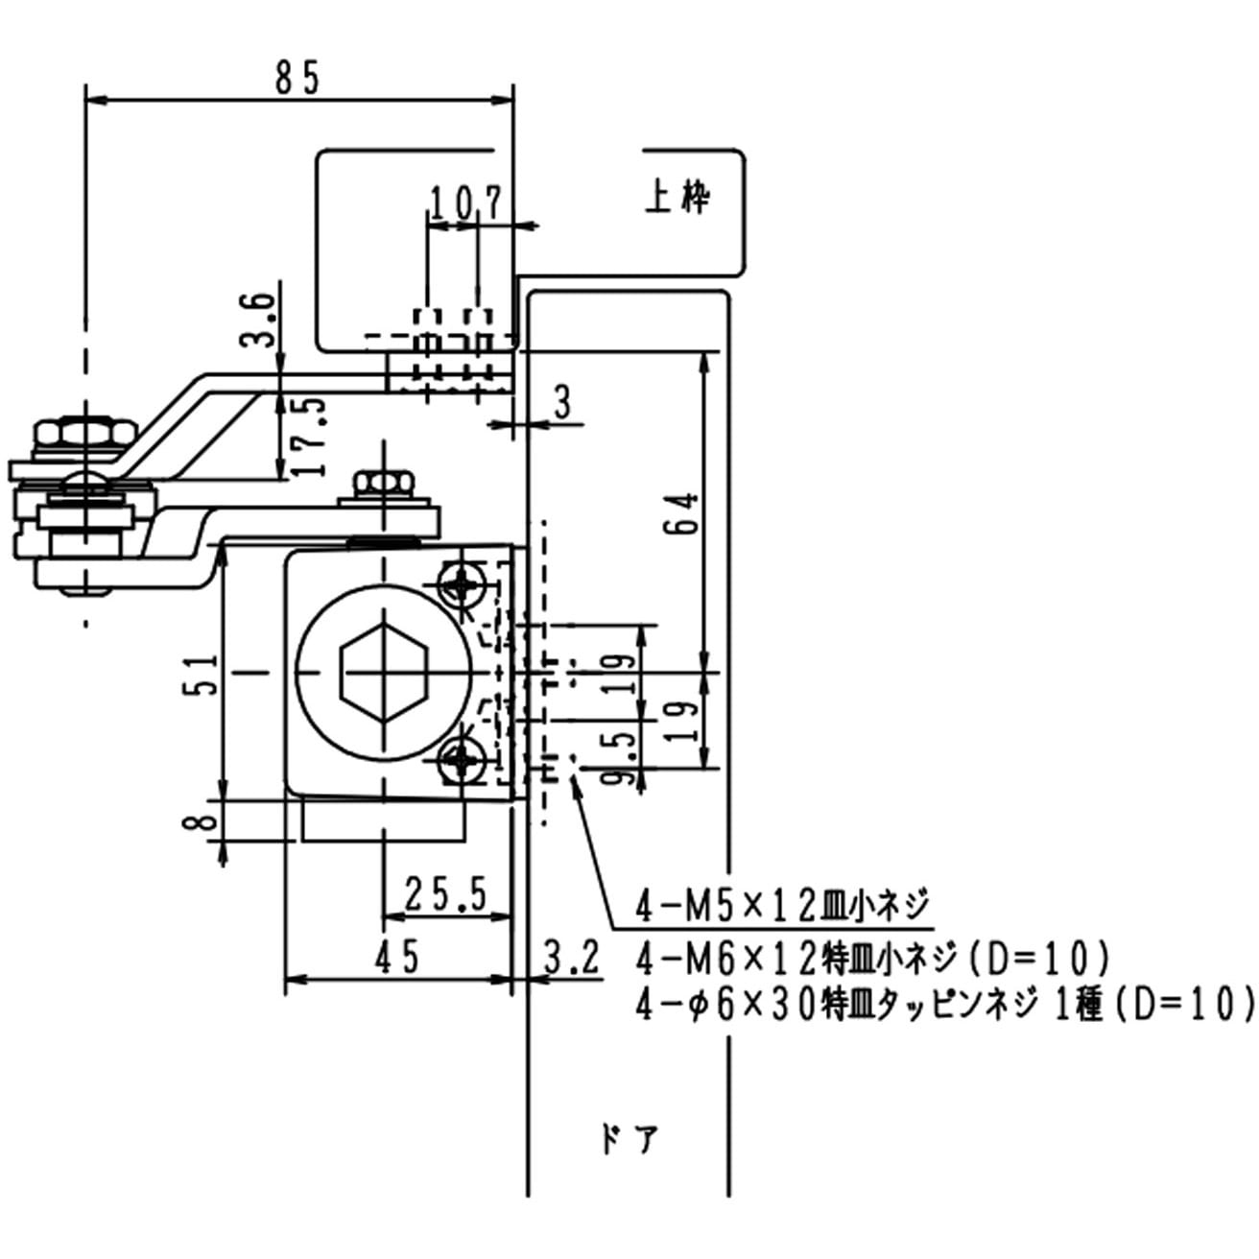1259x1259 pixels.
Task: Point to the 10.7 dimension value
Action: click(x=465, y=203)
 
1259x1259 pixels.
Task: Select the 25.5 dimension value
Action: click(x=445, y=894)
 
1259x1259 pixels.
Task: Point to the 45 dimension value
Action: click(x=397, y=957)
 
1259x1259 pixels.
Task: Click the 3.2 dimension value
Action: click(x=572, y=957)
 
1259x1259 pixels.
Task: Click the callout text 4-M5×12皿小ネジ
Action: click(x=782, y=905)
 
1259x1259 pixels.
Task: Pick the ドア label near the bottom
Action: click(x=629, y=1140)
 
